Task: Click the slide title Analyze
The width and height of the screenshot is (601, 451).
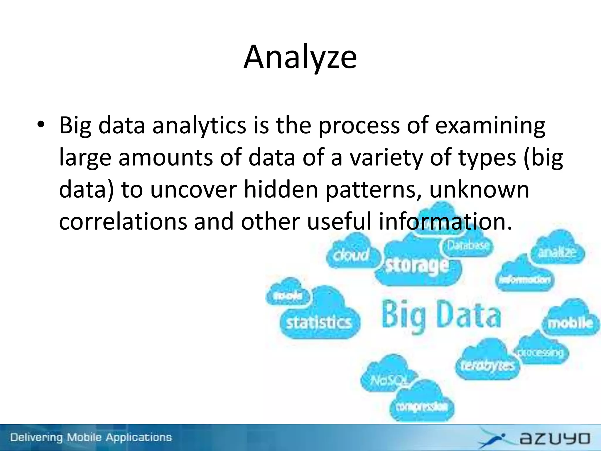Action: pyautogui.click(x=300, y=57)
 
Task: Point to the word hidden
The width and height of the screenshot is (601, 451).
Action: pyautogui.click(x=281, y=190)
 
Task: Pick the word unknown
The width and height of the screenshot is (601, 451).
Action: pyautogui.click(x=479, y=190)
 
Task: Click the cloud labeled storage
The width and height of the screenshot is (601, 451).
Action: pyautogui.click(x=417, y=266)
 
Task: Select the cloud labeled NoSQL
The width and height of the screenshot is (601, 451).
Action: pyautogui.click(x=389, y=381)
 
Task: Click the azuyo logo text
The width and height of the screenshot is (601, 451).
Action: pyautogui.click(x=555, y=438)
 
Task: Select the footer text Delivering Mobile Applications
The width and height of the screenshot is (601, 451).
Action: pyautogui.click(x=91, y=437)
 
